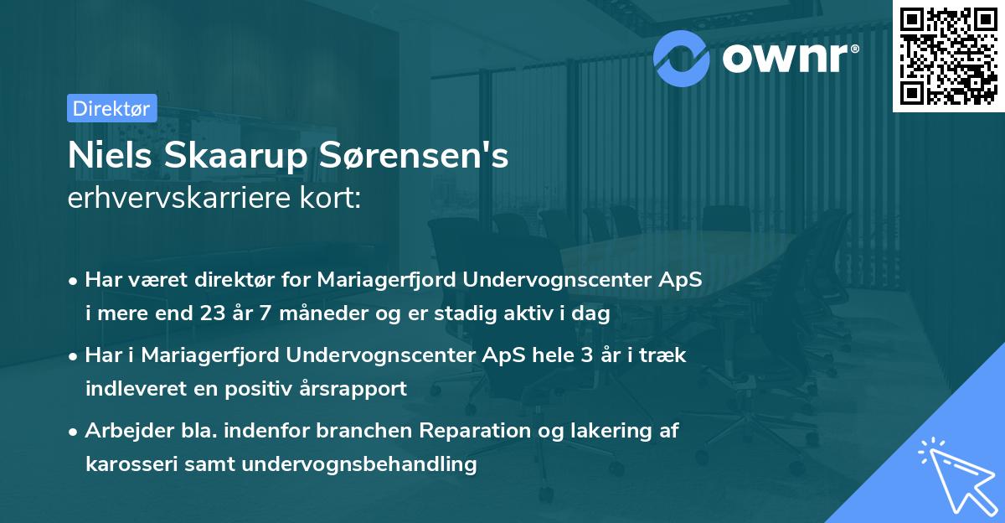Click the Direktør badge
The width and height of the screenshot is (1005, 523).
[x=111, y=109]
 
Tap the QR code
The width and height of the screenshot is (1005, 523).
[x=947, y=56]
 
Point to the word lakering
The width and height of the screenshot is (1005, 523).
[x=600, y=432]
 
